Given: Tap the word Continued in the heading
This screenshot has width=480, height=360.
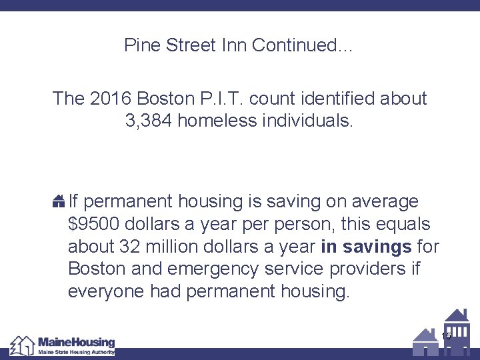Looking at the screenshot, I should point(300,45).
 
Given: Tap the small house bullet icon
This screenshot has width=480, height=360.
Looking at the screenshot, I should point(59,201).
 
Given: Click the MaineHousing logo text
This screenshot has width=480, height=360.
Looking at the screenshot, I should point(76,341).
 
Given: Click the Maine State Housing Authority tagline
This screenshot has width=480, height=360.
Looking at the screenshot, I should point(76,352).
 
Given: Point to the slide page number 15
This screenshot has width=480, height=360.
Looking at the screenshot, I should point(446,336).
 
